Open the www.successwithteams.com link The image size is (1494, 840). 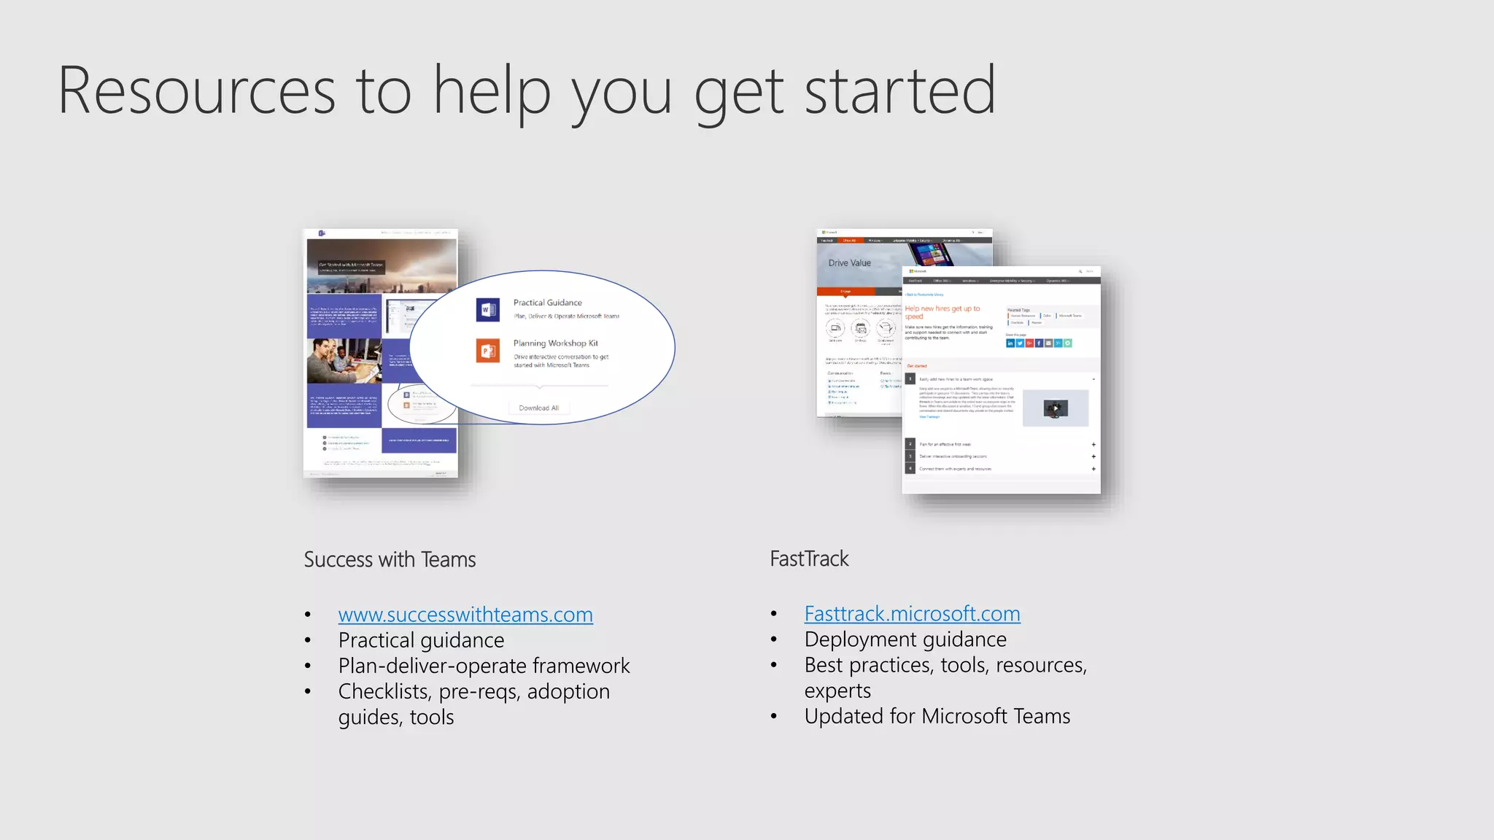[x=465, y=615]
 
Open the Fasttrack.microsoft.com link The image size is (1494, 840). [x=912, y=614]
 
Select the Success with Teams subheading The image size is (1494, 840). [x=390, y=559]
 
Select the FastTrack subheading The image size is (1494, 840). [x=809, y=559]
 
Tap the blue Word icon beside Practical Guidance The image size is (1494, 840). [x=487, y=309]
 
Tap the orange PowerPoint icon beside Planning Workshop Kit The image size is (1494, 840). [x=487, y=351]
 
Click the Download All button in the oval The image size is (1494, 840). [x=538, y=408]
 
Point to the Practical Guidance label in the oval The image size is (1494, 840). [x=547, y=303]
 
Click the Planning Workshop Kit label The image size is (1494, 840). [x=555, y=343]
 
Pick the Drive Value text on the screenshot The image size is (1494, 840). [x=849, y=263]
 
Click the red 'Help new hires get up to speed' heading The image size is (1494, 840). [x=942, y=312]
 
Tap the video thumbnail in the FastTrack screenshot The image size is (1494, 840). [x=1055, y=408]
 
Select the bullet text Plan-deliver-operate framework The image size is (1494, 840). [x=484, y=666]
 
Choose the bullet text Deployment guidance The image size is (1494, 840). [x=905, y=639]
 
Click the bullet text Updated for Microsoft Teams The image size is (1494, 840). [x=937, y=716]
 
